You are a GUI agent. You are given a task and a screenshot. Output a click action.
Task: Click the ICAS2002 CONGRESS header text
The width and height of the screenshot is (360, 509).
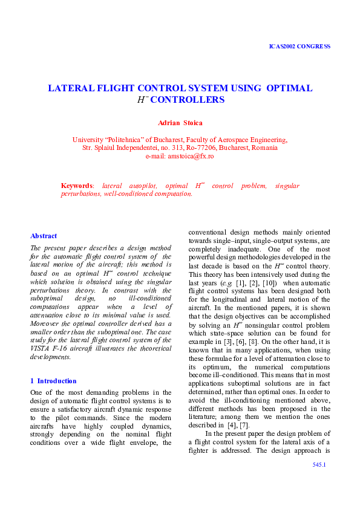pos(299,46)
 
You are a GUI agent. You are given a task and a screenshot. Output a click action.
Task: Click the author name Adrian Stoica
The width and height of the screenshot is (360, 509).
pos(180,123)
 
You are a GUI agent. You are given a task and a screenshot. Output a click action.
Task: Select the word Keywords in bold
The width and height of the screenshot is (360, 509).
pos(77,186)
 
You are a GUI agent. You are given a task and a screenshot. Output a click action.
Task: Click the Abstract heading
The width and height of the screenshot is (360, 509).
pos(44,236)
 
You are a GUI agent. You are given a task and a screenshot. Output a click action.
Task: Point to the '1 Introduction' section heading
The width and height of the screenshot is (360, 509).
pos(53,381)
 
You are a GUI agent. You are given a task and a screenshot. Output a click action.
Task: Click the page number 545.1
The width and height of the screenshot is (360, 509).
pos(319,481)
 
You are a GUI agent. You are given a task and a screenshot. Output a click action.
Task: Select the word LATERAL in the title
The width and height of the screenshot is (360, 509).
pos(70,88)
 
